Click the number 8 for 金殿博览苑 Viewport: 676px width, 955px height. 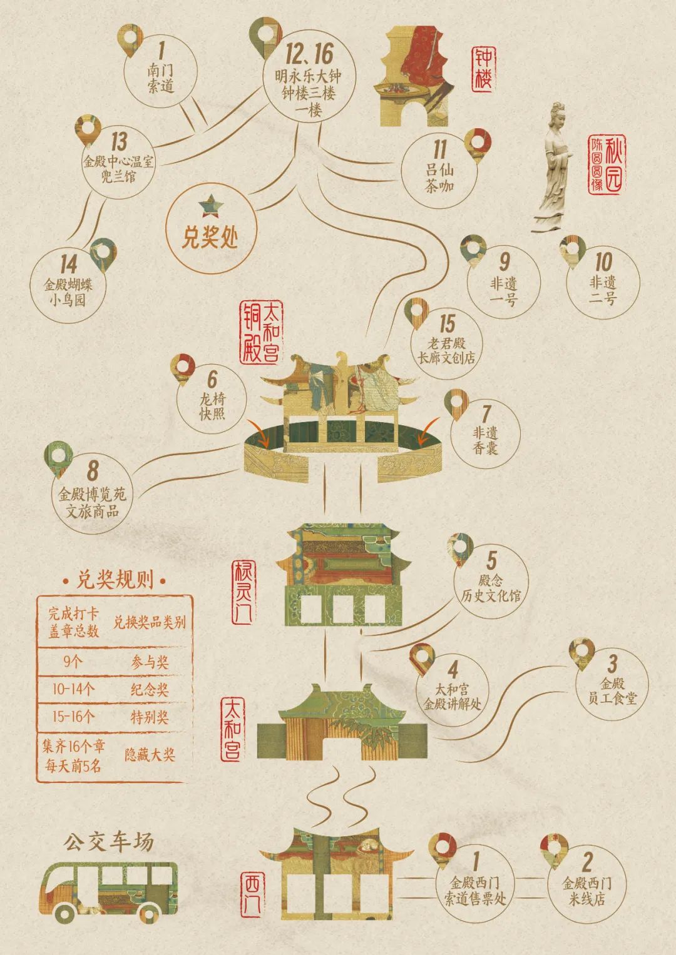pyautogui.click(x=93, y=470)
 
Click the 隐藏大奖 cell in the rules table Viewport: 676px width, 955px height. pyautogui.click(x=150, y=755)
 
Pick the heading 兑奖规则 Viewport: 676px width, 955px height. pyautogui.click(x=115, y=579)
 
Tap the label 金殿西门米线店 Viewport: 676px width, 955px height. pyautogui.click(x=586, y=892)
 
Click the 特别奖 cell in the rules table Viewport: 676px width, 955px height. pyautogui.click(x=150, y=717)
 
